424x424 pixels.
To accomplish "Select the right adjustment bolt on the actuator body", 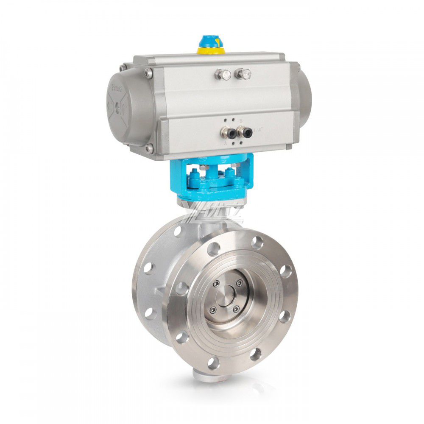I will tap(243, 74).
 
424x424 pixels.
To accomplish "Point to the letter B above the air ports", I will tap(241, 121).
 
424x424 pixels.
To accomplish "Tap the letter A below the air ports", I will tap(225, 144).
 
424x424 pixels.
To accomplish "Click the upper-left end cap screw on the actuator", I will tap(148, 73).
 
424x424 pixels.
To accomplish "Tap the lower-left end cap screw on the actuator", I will tap(149, 149).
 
